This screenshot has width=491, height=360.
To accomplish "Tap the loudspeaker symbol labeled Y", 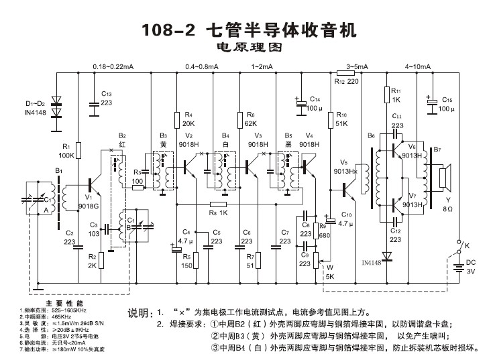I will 442,178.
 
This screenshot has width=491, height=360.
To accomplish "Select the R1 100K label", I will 67,151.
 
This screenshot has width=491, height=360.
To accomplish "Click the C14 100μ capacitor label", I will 315,103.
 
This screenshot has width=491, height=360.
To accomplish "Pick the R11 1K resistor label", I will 396,95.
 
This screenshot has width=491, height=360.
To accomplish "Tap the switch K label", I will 468,246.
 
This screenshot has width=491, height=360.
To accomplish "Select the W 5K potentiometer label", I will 330,274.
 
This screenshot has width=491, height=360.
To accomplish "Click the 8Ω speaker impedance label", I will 449,209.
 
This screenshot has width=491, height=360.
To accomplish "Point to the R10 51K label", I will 342,119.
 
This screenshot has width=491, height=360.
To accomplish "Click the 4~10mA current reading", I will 418,66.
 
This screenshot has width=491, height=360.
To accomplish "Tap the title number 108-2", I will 168,30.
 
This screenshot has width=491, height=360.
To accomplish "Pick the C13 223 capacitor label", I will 107,99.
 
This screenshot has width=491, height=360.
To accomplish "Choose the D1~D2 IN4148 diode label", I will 36,108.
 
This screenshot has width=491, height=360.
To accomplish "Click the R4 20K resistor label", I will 188,119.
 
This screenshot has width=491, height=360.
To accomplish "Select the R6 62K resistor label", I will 251,119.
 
